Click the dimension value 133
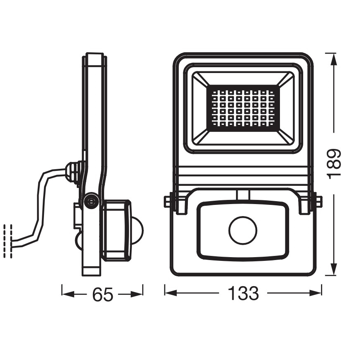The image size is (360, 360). coord(243,293)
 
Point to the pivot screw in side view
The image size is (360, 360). coord(90,201)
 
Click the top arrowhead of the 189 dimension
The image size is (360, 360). coord(334,58)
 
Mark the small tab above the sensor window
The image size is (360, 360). coord(243,195)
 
